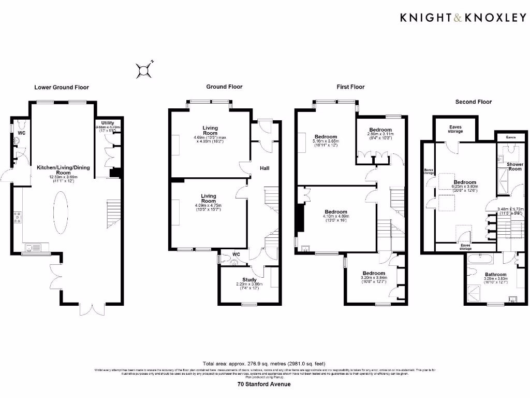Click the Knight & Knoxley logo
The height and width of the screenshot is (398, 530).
click(x=463, y=18)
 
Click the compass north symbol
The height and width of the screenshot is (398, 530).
click(x=144, y=70)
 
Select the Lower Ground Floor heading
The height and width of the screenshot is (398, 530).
click(x=62, y=87)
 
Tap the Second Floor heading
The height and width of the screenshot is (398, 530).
click(x=473, y=102)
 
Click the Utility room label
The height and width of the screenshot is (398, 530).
click(x=107, y=122)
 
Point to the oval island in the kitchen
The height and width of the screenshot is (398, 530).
click(x=61, y=211)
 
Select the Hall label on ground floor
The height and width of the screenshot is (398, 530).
click(x=264, y=168)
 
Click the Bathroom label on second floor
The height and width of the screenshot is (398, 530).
click(x=495, y=274)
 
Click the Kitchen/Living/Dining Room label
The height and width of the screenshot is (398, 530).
click(x=60, y=170)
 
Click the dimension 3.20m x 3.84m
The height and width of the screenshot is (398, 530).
click(x=373, y=278)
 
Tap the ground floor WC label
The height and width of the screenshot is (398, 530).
click(x=237, y=254)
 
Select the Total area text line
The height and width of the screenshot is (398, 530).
click(x=264, y=363)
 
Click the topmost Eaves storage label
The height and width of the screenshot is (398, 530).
click(x=455, y=129)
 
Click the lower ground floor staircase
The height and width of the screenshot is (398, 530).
click(x=113, y=212)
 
